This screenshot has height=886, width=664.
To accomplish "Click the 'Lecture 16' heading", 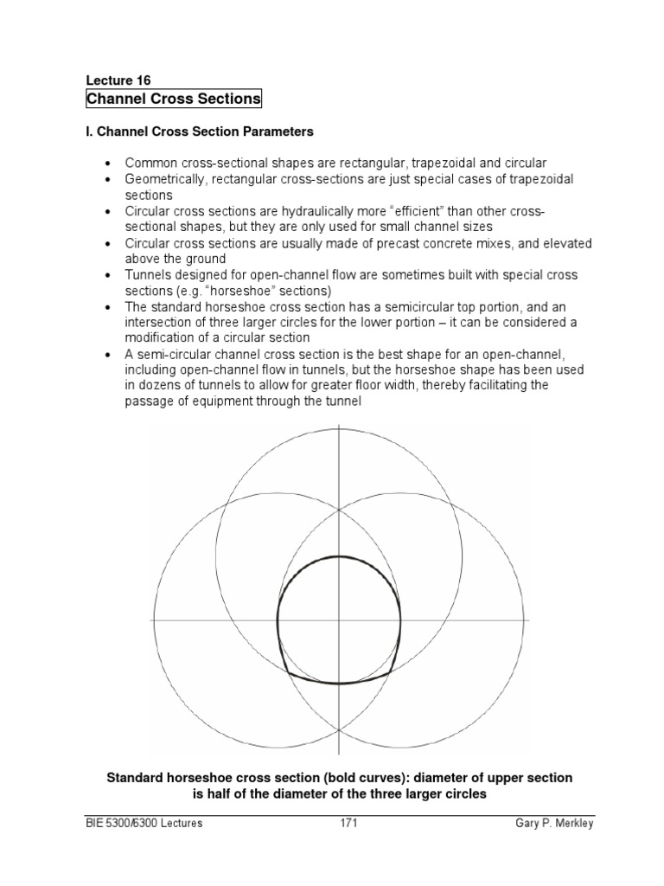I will pyautogui.click(x=118, y=79).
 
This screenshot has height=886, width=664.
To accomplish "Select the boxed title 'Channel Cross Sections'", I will pyautogui.click(x=173, y=99).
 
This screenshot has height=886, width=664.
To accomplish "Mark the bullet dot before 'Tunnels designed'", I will pyautogui.click(x=108, y=275).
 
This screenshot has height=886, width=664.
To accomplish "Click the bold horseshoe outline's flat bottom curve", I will pyautogui.click(x=338, y=682).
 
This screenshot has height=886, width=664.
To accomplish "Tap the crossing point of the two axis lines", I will pyautogui.click(x=339, y=620).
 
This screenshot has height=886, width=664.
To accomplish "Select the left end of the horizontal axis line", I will pyautogui.click(x=154, y=620).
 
